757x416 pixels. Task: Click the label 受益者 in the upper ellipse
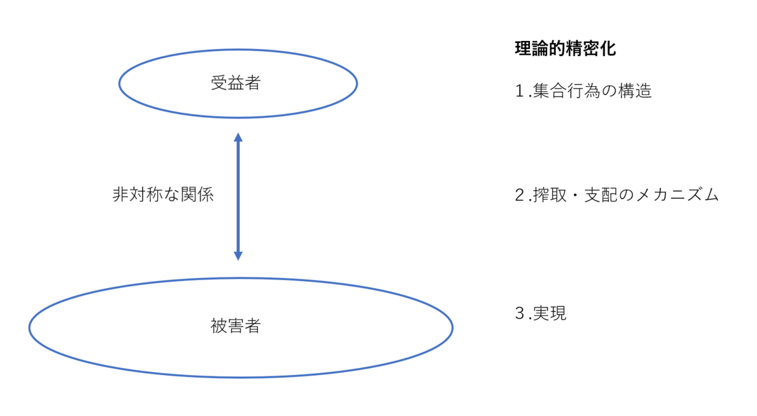pyautogui.click(x=235, y=83)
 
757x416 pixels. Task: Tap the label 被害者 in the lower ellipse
pyautogui.click(x=235, y=326)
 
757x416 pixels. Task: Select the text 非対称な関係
pyautogui.click(x=163, y=195)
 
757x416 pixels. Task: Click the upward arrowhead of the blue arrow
pyautogui.click(x=238, y=137)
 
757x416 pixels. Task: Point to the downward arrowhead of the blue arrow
pyautogui.click(x=238, y=256)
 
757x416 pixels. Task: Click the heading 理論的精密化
pyautogui.click(x=565, y=49)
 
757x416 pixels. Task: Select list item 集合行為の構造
pyautogui.click(x=592, y=91)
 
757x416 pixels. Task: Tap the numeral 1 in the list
pyautogui.click(x=519, y=91)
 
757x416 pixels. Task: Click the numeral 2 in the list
pyautogui.click(x=519, y=195)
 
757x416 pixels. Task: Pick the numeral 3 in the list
pyautogui.click(x=519, y=313)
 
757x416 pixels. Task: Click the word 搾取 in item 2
pyautogui.click(x=549, y=195)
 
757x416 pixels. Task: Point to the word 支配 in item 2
pyautogui.click(x=601, y=195)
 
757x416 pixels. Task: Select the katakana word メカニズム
pyautogui.click(x=677, y=195)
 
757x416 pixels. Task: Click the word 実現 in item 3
pyautogui.click(x=549, y=313)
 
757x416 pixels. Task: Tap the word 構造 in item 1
pyautogui.click(x=635, y=91)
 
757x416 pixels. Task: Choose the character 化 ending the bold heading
pyautogui.click(x=608, y=49)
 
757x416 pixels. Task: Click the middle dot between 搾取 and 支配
pyautogui.click(x=575, y=195)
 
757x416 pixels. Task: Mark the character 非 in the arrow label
pyautogui.click(x=120, y=195)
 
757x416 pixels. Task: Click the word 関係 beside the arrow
pyautogui.click(x=197, y=195)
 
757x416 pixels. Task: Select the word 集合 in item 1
pyautogui.click(x=550, y=91)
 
